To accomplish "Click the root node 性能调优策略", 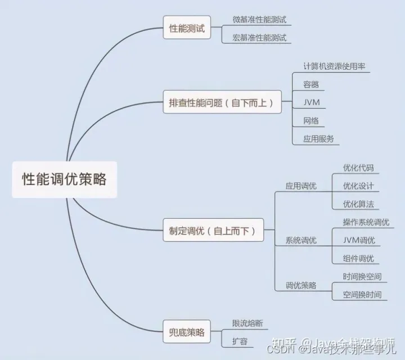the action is coord(64,179).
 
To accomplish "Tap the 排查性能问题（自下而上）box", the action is coord(221,103).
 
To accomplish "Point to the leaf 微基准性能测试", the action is coord(259,19).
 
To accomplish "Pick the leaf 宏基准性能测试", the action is coord(259,38).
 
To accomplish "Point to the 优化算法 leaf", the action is coord(358,204).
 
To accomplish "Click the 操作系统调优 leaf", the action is coord(366,222).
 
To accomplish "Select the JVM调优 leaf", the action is coord(359,240).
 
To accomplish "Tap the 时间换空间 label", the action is coord(362,276).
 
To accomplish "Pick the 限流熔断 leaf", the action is coord(247,323).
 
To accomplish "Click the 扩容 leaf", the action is coord(240,341).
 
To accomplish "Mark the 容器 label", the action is coord(311,84).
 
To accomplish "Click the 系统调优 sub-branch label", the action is coord(301,240).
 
